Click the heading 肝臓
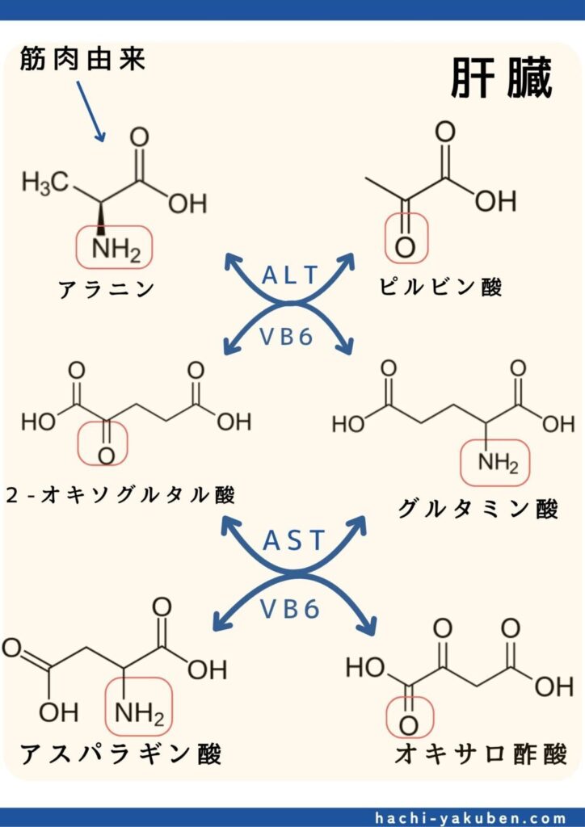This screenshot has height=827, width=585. click(x=501, y=78)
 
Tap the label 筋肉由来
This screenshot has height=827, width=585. click(x=82, y=60)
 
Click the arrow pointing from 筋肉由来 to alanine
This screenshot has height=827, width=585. click(x=90, y=111)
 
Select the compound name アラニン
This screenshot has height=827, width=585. click(x=107, y=288)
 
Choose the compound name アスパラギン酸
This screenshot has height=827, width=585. click(x=121, y=754)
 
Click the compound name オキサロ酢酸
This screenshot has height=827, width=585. click(x=481, y=754)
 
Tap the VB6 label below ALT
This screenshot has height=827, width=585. click(x=288, y=337)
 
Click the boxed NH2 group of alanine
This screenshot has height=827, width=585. click(x=115, y=247)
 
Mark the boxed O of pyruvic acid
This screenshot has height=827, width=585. click(x=406, y=238)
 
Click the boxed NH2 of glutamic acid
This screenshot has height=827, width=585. click(x=495, y=463)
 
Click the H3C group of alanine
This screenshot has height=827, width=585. click(x=45, y=183)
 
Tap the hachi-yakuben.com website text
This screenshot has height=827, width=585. click(x=470, y=817)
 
